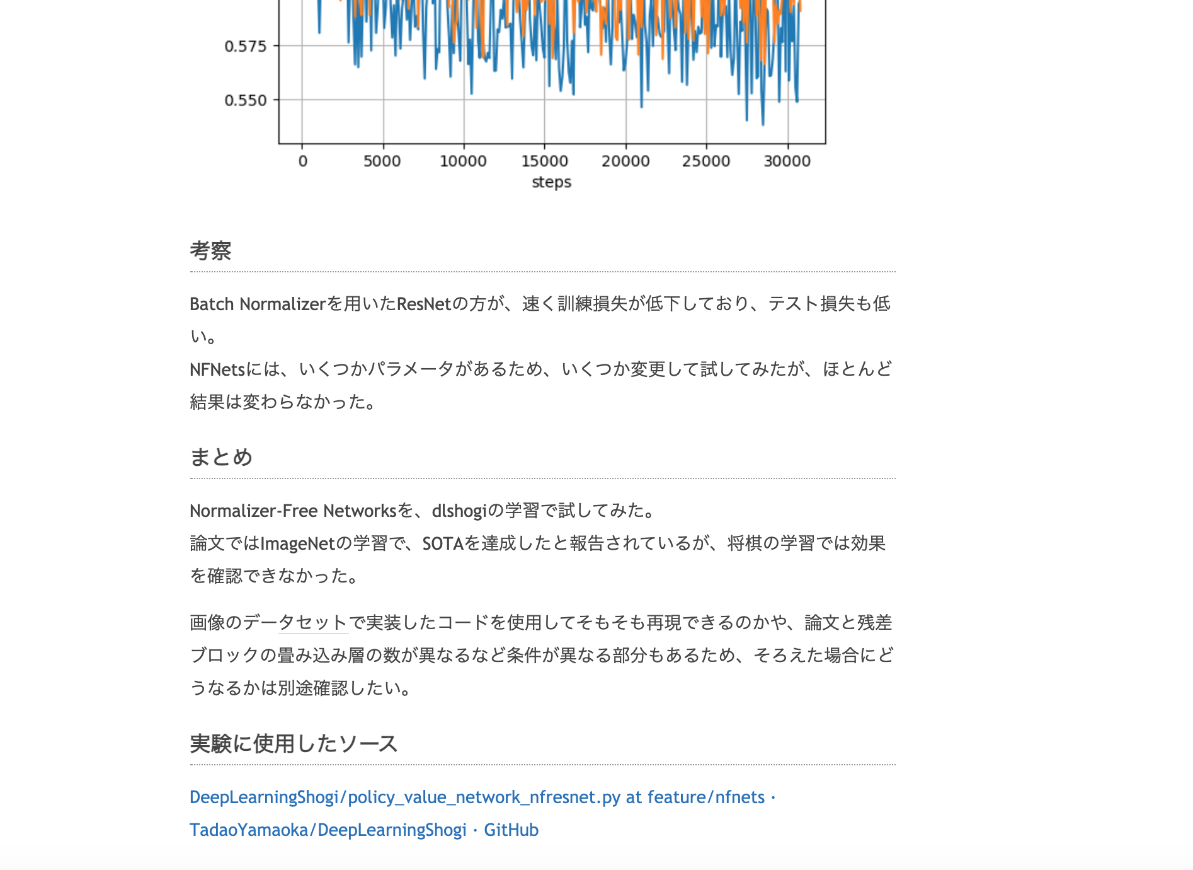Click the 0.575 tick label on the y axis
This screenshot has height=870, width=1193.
pos(245,46)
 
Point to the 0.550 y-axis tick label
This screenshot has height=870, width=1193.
pos(245,100)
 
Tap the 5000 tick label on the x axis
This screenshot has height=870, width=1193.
pos(382,161)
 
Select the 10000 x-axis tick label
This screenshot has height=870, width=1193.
pos(463,161)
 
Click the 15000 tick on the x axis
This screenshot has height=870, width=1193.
pos(544,161)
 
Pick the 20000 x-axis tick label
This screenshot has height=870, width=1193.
pos(625,161)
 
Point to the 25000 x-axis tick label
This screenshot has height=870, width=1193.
pos(705,161)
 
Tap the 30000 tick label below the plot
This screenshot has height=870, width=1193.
pos(787,161)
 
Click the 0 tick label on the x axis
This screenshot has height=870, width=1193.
pos(302,161)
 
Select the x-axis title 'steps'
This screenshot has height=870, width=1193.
pos(551,182)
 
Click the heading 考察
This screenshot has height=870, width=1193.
pos(210,251)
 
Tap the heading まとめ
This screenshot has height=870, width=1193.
pos(221,457)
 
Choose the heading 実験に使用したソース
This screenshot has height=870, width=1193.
pos(294,744)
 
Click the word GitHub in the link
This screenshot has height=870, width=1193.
pos(511,830)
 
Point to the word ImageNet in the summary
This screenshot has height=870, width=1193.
pos(297,543)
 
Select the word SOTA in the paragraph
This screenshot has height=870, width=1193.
pos(443,543)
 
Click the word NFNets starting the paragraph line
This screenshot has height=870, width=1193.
pos(217,369)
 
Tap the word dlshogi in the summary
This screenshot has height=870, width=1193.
pos(459,511)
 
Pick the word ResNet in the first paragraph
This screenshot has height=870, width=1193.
pos(424,304)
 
